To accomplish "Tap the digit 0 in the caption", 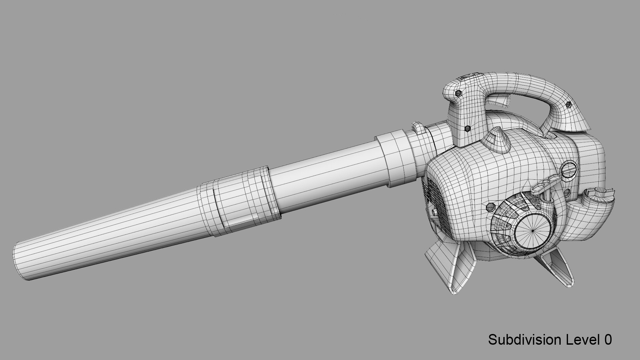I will pos(607,340).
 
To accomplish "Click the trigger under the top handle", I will pos(500,100).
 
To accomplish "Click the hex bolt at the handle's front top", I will pos(458,93).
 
